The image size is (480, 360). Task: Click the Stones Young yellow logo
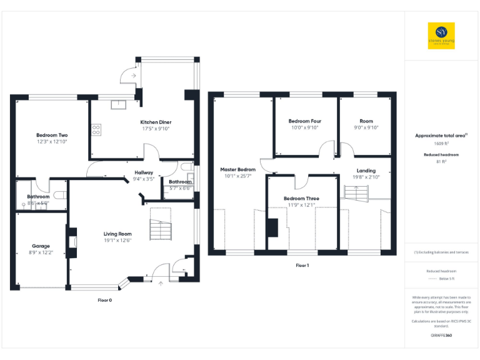coord(441,36)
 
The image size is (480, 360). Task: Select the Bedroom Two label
coord(52,135)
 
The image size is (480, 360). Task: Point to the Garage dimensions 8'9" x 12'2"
coord(41,252)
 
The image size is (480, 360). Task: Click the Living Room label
coord(117,234)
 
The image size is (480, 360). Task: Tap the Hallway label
coord(144,172)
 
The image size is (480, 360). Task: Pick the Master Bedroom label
coord(238,169)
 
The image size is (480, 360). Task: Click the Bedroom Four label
coord(304,121)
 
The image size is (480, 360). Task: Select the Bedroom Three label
coord(301,198)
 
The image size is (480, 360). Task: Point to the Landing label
coord(366,170)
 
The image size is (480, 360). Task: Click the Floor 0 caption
coord(105,300)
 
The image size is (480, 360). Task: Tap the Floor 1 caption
coord(302,266)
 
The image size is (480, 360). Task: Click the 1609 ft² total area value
coord(441,143)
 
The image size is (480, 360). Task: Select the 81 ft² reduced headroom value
coord(441,162)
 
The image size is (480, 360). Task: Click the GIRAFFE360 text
coord(441,336)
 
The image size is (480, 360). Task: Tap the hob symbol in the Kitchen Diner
coord(97,130)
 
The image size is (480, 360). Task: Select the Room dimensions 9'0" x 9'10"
coord(366,127)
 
